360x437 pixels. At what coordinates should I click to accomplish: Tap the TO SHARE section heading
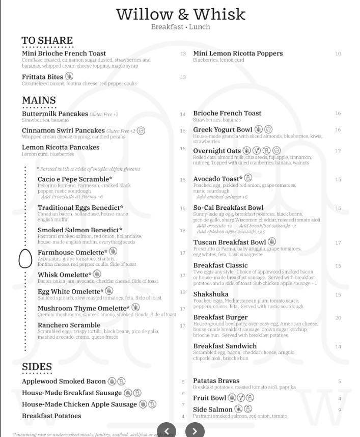pyautogui.click(x=47, y=41)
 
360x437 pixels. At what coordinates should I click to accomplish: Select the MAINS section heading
pyautogui.click(x=39, y=100)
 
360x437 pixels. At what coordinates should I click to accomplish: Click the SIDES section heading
pyautogui.click(x=37, y=367)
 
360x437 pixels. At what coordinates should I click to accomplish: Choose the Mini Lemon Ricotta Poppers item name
pyautogui.click(x=238, y=53)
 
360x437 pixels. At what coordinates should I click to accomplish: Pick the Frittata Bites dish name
pyautogui.click(x=42, y=77)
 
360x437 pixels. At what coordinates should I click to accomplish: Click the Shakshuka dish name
pyautogui.click(x=211, y=294)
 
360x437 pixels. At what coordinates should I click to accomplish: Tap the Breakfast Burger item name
pyautogui.click(x=220, y=317)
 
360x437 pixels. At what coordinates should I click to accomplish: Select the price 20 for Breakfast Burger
pyautogui.click(x=338, y=318)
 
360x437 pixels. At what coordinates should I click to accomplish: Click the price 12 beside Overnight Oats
pyautogui.click(x=338, y=151)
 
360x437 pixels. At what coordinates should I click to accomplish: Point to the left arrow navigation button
pyautogui.click(x=167, y=431)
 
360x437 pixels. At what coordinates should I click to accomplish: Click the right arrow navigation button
pyautogui.click(x=195, y=431)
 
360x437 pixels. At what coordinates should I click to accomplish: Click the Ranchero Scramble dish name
pyautogui.click(x=69, y=325)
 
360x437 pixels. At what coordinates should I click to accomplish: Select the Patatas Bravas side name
pyautogui.click(x=216, y=381)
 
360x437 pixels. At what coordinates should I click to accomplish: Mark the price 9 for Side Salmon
pyautogui.click(x=340, y=410)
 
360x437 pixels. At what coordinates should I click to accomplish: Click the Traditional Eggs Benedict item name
pyautogui.click(x=80, y=208)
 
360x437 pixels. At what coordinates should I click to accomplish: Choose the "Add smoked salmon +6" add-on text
pyautogui.click(x=222, y=197)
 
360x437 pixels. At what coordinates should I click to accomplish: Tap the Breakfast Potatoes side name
pyautogui.click(x=51, y=416)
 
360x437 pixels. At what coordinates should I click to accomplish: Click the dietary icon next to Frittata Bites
pyautogui.click(x=69, y=76)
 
